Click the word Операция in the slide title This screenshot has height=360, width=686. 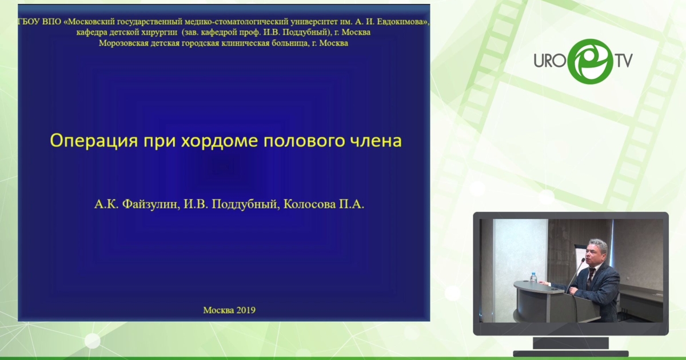click(94, 141)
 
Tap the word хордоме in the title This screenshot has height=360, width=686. click(220, 141)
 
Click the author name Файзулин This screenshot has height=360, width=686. click(150, 204)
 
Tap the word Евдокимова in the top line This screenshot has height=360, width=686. click(402, 22)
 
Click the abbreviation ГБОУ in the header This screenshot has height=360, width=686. click(29, 22)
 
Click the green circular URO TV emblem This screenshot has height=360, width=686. click(590, 62)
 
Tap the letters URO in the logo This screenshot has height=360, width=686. click(550, 61)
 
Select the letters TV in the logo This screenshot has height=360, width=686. click(624, 61)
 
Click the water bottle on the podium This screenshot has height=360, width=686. click(533, 277)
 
